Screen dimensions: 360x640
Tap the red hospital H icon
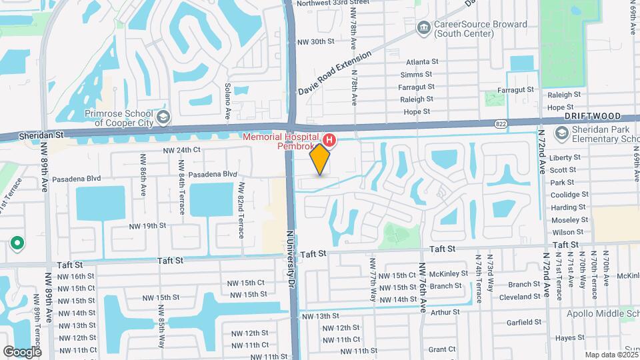click(329, 140)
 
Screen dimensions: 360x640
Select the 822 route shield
click(501, 123)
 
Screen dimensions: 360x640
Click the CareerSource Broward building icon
click(423, 29)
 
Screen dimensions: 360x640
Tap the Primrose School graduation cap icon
click(163, 119)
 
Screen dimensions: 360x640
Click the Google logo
click(22, 351)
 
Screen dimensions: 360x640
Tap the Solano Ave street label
click(227, 101)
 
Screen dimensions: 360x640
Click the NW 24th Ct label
click(181, 151)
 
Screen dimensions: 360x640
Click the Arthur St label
click(445, 312)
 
